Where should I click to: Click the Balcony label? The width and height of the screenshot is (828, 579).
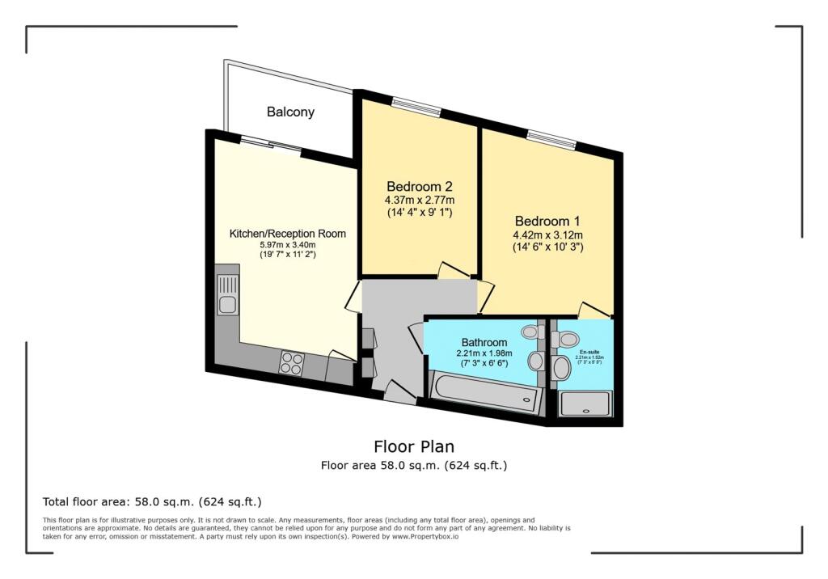(x=290, y=112)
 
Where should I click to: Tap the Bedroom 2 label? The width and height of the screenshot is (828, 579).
(x=419, y=185)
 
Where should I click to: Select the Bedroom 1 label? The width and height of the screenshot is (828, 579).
(x=547, y=220)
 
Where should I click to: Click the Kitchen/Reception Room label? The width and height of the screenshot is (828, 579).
(x=288, y=234)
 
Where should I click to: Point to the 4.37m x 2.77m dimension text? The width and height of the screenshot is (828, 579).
(x=419, y=201)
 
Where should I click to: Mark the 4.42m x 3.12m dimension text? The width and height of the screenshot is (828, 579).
(x=547, y=235)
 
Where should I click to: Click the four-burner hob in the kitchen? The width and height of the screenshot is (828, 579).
(x=290, y=363)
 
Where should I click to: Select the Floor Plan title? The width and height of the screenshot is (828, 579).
(x=413, y=446)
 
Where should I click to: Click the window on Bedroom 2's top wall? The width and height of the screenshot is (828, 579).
(x=416, y=107)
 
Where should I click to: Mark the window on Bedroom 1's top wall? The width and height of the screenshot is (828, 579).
(x=551, y=139)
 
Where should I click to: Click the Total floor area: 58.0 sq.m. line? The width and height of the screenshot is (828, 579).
(x=152, y=501)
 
